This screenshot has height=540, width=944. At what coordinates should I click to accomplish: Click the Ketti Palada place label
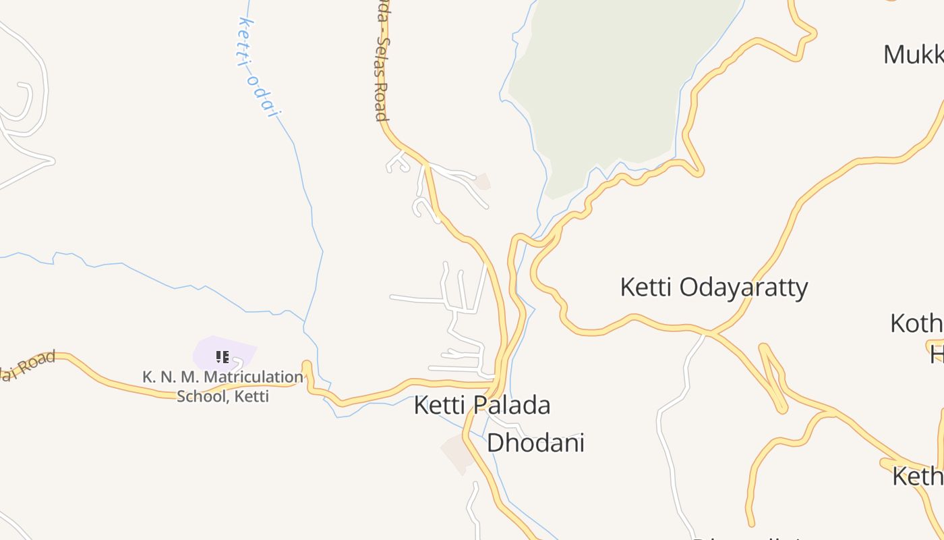(481, 405)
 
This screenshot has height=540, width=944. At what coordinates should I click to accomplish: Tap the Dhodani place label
(535, 443)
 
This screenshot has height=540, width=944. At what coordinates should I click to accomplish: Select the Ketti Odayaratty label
(713, 288)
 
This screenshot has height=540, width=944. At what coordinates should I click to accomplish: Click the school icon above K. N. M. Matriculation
(223, 356)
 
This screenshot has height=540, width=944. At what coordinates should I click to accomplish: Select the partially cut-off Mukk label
(913, 55)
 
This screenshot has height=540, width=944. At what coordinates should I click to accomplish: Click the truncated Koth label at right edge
(916, 323)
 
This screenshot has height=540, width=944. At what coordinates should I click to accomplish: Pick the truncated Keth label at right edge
(917, 476)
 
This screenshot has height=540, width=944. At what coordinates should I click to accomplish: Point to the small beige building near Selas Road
(482, 181)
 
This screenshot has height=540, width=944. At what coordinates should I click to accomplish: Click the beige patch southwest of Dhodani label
(458, 452)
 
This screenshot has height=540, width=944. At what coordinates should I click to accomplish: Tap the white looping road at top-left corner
(24, 101)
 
